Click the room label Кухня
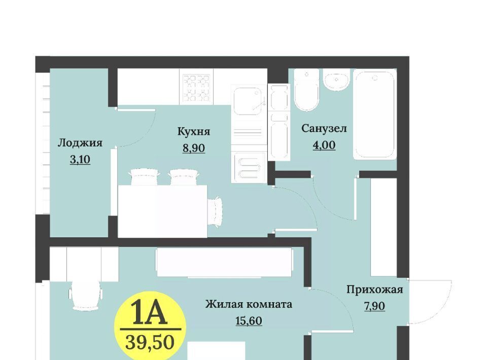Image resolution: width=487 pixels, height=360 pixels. [x=194, y=132]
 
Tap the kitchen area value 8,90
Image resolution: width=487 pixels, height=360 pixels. [x=194, y=148]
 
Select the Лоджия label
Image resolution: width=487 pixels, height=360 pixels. [x=80, y=143]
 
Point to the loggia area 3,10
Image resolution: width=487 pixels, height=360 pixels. [x=80, y=160]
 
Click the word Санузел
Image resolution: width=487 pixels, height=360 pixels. [x=324, y=128]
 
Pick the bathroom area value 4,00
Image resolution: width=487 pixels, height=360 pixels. [x=324, y=145]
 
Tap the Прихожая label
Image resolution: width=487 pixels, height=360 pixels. [x=374, y=290]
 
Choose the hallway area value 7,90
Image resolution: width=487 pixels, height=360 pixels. [x=374, y=306]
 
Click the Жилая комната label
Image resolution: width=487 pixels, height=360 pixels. [x=249, y=304]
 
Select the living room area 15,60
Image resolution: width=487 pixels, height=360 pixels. [x=249, y=320]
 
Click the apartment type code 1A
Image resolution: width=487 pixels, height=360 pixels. [x=149, y=312]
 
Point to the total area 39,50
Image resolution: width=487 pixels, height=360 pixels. [x=150, y=343]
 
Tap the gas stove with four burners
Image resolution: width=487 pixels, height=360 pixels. [x=196, y=88]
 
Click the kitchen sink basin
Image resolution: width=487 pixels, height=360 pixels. [x=248, y=101]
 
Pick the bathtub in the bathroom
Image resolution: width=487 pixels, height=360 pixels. [x=375, y=114]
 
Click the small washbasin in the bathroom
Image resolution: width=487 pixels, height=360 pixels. [x=337, y=80]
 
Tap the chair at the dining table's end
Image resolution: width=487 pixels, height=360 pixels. [x=215, y=210]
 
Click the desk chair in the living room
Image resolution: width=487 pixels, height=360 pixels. [x=86, y=294]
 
